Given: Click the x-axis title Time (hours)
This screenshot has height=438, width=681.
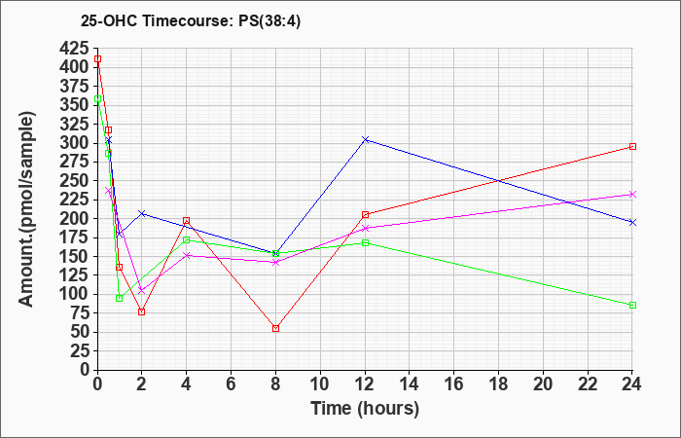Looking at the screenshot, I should point(365,408).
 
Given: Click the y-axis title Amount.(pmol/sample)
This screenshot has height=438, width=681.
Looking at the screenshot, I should point(28,208).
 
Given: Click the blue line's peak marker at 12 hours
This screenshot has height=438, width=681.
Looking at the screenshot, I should point(365,139).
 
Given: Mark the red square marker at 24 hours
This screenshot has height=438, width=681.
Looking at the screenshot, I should point(632,146).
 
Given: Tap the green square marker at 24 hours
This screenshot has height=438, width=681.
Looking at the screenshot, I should point(632,305).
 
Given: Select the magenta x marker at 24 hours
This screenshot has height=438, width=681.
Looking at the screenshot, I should point(632,194).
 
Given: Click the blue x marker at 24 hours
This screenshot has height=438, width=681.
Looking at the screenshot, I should point(632,222).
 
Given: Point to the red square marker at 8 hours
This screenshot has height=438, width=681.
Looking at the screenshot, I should point(276,328).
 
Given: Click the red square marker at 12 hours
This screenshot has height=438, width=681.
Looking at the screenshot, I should point(365,214).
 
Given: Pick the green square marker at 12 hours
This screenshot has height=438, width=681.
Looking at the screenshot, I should point(365,242).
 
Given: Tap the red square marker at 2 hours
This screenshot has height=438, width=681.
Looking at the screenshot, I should point(142,311).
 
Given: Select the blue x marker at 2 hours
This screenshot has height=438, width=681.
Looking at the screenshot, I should point(142,213).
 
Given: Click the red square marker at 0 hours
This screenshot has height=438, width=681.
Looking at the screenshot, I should point(97,59).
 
